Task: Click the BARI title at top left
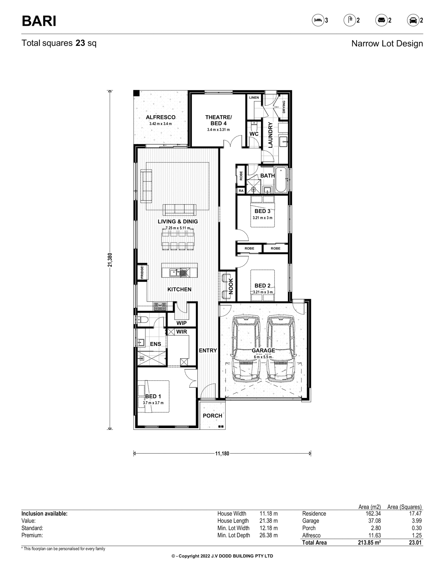39,21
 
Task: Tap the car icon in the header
413,20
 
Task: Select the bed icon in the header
318,20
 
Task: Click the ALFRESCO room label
161,117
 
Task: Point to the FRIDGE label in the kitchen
142,273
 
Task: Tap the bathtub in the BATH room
281,180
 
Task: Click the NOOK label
231,286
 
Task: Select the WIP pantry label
182,323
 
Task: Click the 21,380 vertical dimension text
110,260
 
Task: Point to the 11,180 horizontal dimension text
222,453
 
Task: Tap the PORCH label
212,415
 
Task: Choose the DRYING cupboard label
284,107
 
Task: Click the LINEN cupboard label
254,97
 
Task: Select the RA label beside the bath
241,191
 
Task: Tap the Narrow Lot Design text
387,44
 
